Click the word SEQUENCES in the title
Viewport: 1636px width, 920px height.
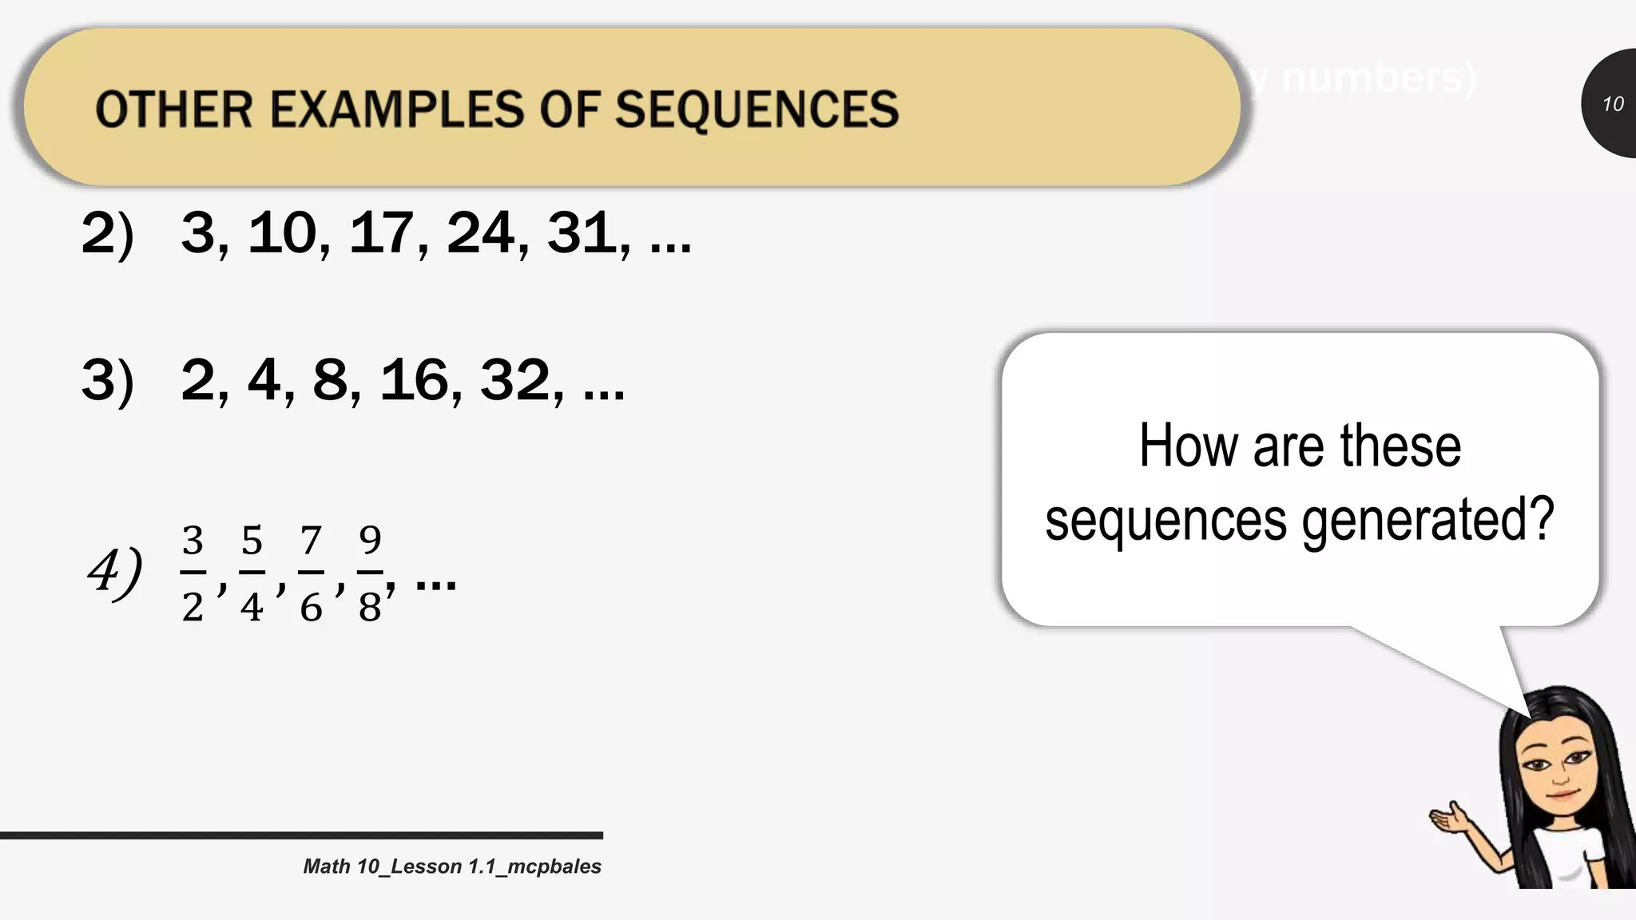[x=756, y=109]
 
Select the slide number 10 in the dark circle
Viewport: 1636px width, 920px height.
[x=1612, y=104]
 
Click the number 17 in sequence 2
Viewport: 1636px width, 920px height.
[x=380, y=233]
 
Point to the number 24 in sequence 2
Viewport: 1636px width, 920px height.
[x=479, y=233]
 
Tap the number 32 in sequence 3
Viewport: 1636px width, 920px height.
[x=514, y=380]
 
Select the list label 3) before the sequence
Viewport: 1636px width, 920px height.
[x=107, y=380]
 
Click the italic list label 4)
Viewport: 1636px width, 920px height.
[x=115, y=572]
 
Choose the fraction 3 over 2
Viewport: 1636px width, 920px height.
[x=193, y=573]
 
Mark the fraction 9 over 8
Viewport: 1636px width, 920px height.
[x=370, y=573]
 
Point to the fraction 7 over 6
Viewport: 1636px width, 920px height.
[x=311, y=573]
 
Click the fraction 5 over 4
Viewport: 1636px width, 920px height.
[x=252, y=573]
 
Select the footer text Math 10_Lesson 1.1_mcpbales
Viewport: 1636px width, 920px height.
[x=452, y=866]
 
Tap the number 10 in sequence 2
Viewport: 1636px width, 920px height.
[x=281, y=233]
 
